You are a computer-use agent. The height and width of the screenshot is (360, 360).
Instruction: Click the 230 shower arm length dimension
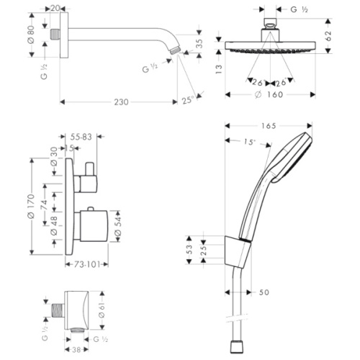[121, 102]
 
